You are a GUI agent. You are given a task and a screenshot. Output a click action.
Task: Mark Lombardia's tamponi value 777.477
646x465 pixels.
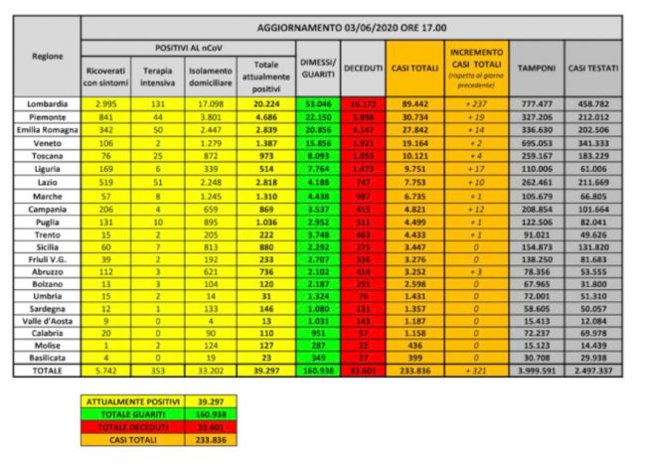pos(538,103)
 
